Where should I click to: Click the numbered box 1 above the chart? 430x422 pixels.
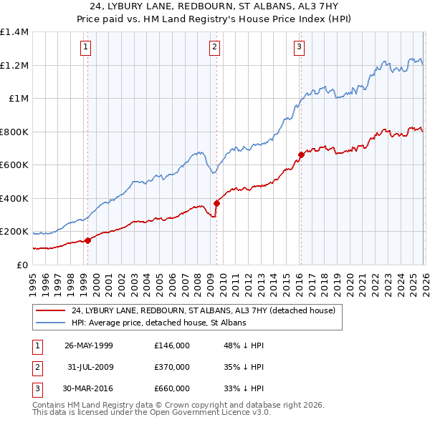pyautogui.click(x=85, y=48)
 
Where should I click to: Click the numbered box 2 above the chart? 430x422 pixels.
pyautogui.click(x=214, y=48)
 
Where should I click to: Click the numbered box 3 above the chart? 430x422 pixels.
pyautogui.click(x=299, y=48)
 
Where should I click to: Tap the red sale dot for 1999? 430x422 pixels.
pyautogui.click(x=88, y=240)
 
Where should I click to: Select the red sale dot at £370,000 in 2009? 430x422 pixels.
pyautogui.click(x=217, y=203)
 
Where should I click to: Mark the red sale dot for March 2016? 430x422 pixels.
pyautogui.click(x=301, y=154)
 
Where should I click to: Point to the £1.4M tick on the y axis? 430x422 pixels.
pyautogui.click(x=14, y=32)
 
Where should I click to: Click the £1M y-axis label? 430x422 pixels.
pyautogui.click(x=18, y=99)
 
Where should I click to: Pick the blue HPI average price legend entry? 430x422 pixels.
pyautogui.click(x=158, y=323)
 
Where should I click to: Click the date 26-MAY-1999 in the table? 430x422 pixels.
pyautogui.click(x=89, y=345)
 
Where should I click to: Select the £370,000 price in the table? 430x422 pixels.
pyautogui.click(x=172, y=367)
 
